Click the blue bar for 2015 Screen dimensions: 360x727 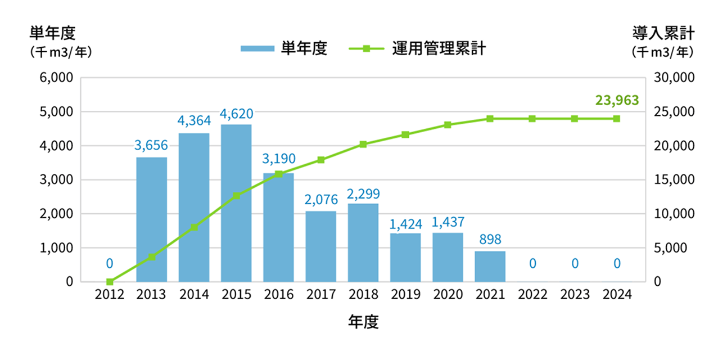pyautogui.click(x=236, y=203)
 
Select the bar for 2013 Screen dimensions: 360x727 pyautogui.click(x=152, y=219)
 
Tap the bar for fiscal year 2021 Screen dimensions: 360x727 pyautogui.click(x=490, y=266)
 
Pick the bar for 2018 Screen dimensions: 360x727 pyautogui.click(x=363, y=242)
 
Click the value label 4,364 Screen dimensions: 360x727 pyautogui.click(x=194, y=120)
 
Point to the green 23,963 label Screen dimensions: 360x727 pyautogui.click(x=617, y=101)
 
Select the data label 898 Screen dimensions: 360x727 pyautogui.click(x=490, y=239)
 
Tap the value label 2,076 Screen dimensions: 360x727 pyautogui.click(x=321, y=199)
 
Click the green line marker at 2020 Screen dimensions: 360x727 pyautogui.click(x=448, y=125)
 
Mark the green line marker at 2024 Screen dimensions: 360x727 pyautogui.click(x=617, y=119)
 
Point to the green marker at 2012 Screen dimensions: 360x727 pyautogui.click(x=110, y=281)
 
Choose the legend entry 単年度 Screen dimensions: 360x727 pyautogui.click(x=284, y=49)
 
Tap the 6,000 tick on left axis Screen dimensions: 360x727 pyautogui.click(x=56, y=78)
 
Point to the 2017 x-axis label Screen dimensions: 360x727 pyautogui.click(x=321, y=295)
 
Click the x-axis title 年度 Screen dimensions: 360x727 pyautogui.click(x=363, y=322)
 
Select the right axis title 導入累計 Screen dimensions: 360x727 pyautogui.click(x=663, y=33)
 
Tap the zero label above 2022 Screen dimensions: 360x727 pyautogui.click(x=532, y=263)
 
